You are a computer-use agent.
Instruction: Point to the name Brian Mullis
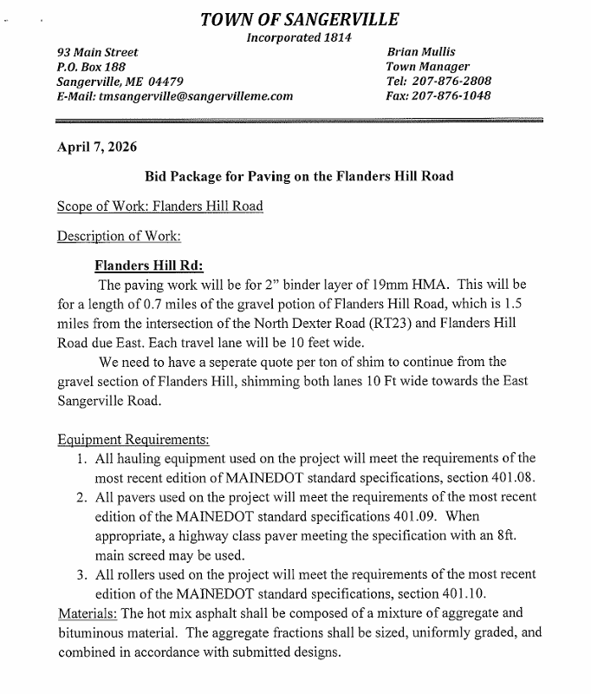[421, 52]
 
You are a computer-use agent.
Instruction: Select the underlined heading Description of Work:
[119, 236]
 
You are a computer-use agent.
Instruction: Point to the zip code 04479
[163, 82]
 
